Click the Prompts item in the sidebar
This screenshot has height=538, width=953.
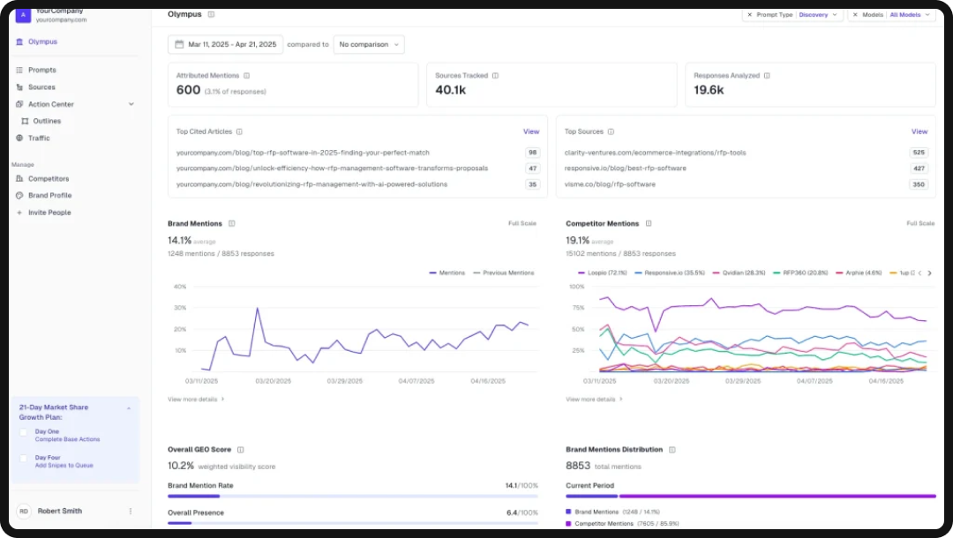point(41,70)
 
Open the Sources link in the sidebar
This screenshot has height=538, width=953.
point(41,87)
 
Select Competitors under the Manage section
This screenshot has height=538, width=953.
point(48,178)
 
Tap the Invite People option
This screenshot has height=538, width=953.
point(49,213)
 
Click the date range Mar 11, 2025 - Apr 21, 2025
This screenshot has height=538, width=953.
point(226,44)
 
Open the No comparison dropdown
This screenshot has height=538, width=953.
point(369,44)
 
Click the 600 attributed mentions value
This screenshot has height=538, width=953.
point(188,90)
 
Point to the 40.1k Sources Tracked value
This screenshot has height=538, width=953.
point(450,90)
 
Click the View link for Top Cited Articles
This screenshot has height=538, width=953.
point(530,131)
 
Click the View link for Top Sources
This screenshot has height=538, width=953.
point(919,131)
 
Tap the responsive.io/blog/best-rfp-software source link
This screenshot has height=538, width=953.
point(625,168)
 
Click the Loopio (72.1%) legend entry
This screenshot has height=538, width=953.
point(602,273)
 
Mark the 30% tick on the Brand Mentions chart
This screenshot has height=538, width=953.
point(180,308)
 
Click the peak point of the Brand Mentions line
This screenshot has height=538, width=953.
point(257,309)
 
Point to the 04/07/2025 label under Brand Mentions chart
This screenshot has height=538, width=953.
point(416,381)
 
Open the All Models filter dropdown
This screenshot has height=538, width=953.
point(909,15)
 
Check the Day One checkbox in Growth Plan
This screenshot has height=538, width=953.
point(24,432)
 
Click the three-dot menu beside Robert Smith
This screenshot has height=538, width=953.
point(130,511)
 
